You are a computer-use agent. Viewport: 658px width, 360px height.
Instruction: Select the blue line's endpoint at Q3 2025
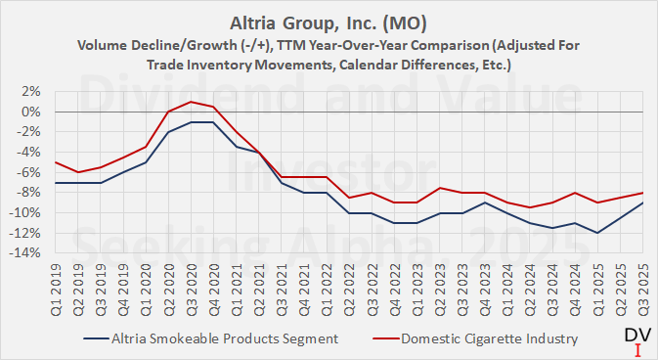[x=640, y=202]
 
